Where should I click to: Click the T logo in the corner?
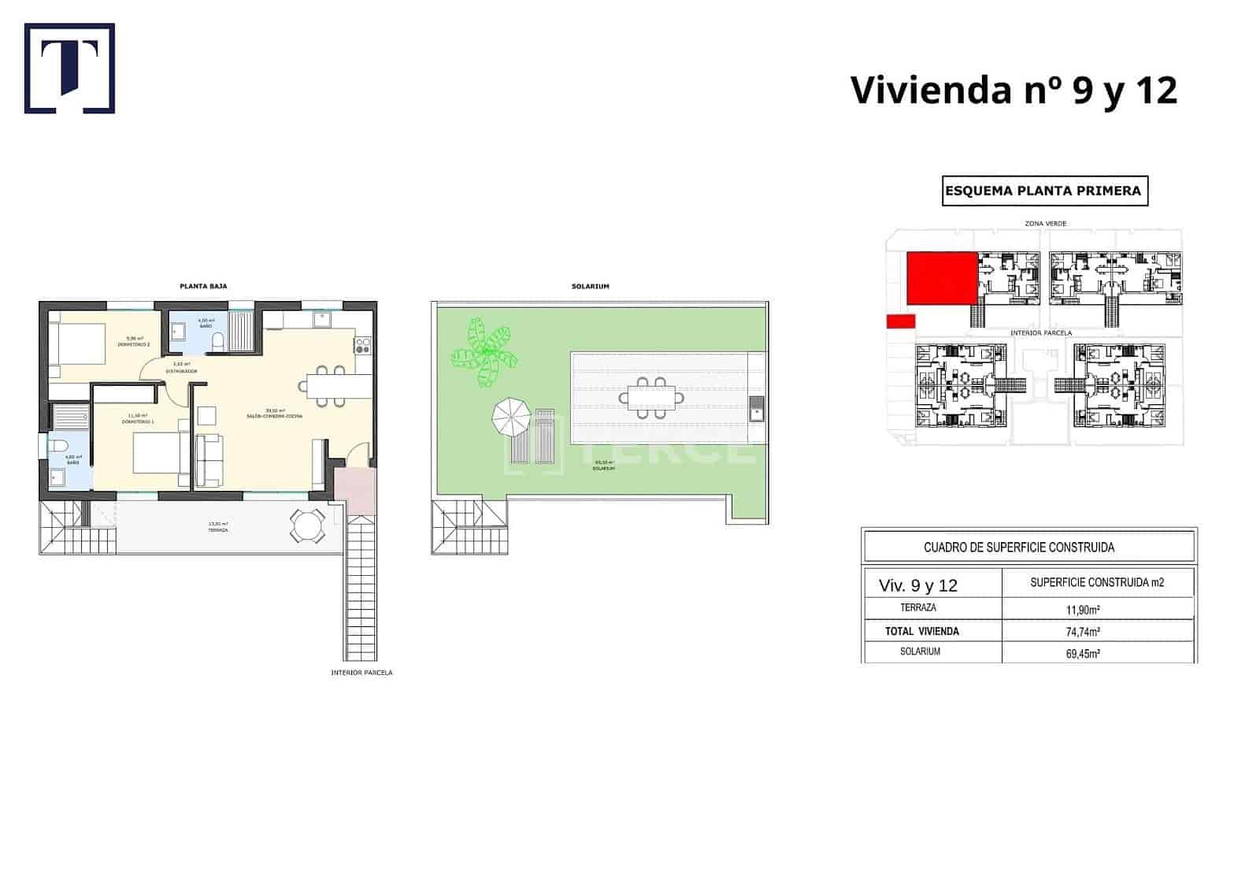point(69,69)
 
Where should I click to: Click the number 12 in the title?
point(1155,90)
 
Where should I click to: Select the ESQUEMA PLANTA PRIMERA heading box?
point(1044,191)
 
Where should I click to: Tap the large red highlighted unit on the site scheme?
point(942,278)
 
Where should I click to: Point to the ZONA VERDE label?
point(1045,224)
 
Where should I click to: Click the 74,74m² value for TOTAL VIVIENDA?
point(1083,631)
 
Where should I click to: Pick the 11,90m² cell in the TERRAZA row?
point(1083,609)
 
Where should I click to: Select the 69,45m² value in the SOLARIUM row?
point(1083,652)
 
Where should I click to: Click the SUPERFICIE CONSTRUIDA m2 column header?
point(1097,583)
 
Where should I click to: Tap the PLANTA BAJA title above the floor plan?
point(203,286)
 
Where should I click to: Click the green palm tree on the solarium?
point(484,353)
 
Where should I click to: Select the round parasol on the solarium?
point(511,418)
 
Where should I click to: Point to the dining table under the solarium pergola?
point(650,397)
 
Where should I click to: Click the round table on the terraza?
point(306,526)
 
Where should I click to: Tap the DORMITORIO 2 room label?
point(134,345)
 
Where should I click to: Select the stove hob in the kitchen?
point(363,345)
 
